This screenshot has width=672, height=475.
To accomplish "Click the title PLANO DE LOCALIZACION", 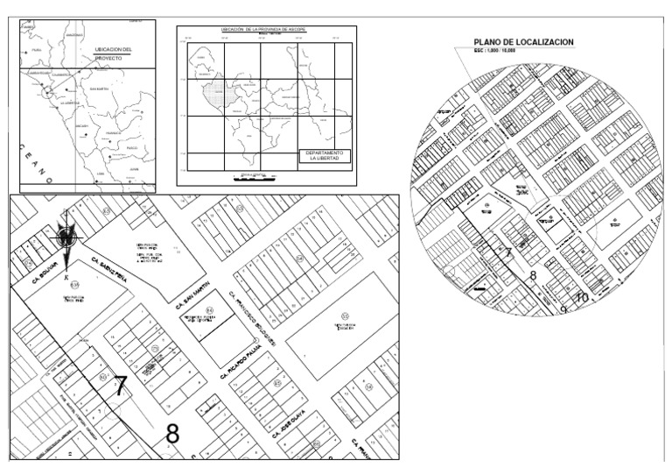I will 523,42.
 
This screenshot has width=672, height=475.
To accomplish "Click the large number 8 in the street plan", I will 172,432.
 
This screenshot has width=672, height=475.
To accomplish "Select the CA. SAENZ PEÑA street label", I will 112,270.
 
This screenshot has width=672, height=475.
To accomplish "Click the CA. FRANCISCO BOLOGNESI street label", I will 253,318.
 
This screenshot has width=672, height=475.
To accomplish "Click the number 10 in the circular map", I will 582,296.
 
